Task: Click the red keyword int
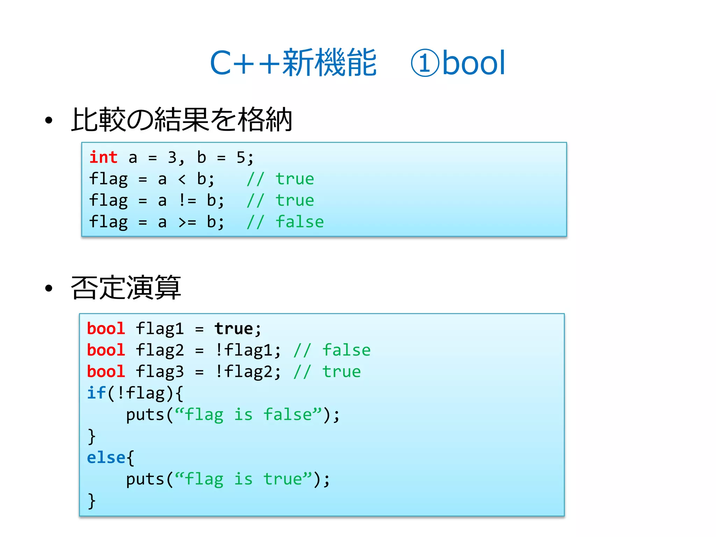103,157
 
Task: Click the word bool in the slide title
474,63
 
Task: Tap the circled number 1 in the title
424,63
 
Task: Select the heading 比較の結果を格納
181,120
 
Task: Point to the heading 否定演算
126,288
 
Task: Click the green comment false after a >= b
300,222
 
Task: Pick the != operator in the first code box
187,201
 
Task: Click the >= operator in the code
187,222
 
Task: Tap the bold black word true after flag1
234,329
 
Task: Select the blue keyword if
96,393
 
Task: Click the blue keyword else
106,458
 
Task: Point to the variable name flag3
159,372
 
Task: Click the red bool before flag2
106,350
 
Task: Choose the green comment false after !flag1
346,350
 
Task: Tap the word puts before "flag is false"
145,415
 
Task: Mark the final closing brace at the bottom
92,501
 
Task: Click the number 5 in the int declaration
241,158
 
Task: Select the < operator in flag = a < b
182,179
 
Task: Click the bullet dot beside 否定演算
49,288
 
